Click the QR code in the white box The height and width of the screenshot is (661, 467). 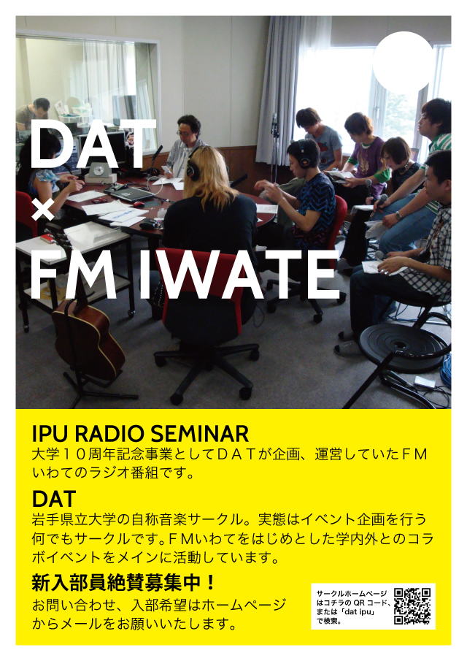point(412,605)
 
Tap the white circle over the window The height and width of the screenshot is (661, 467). point(403,61)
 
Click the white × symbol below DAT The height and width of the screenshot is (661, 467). point(42,209)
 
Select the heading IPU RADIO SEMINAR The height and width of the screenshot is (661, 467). point(140,433)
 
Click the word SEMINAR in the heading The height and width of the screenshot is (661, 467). point(199,433)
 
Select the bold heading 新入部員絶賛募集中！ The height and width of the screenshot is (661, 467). point(124,583)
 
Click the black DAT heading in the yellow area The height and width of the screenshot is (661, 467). point(54,499)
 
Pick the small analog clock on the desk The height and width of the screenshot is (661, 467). point(99,171)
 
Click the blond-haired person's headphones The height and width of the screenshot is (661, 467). point(192,167)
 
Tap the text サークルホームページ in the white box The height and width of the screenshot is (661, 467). point(352,594)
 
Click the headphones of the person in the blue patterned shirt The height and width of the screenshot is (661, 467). point(304,154)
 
